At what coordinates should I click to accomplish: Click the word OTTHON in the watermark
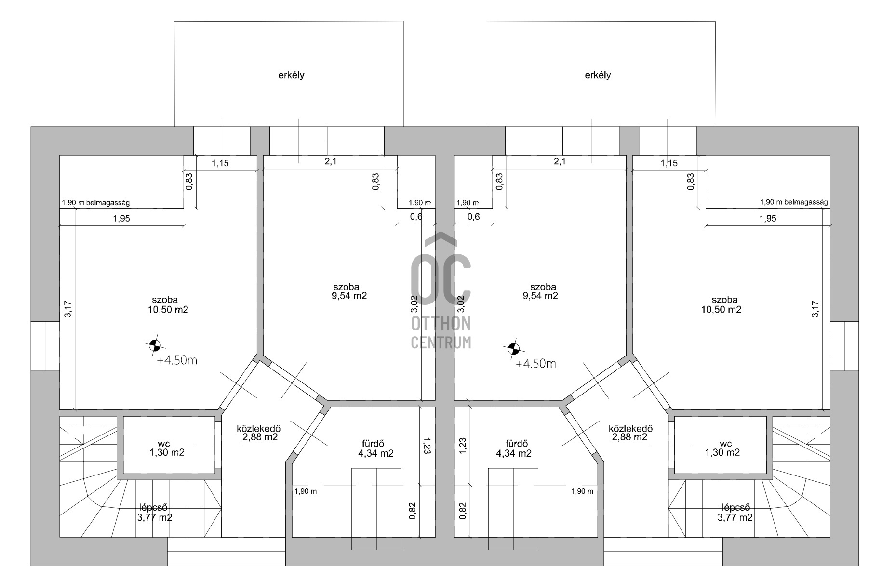pos(441,324)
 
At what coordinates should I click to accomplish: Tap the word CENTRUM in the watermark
pos(441,342)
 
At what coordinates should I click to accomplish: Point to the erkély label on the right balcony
pos(598,75)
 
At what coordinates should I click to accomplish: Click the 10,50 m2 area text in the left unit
pos(168,309)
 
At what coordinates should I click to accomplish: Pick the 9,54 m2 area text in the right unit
pos(540,296)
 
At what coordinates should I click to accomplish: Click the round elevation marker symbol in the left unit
pos(154,344)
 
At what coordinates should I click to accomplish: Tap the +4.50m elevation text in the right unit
pos(535,364)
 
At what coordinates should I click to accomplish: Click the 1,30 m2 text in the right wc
pos(722,452)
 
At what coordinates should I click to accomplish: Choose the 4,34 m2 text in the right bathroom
pos(514,453)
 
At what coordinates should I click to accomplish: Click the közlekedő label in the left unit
pos(259,428)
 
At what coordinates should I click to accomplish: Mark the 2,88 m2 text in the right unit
pos(629,437)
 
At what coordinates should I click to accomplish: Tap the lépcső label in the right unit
pos(735,508)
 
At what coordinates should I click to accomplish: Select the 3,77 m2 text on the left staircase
pos(155,517)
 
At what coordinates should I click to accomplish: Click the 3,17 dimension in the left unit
pos(68,309)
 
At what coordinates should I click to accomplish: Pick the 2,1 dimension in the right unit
pos(559,162)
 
